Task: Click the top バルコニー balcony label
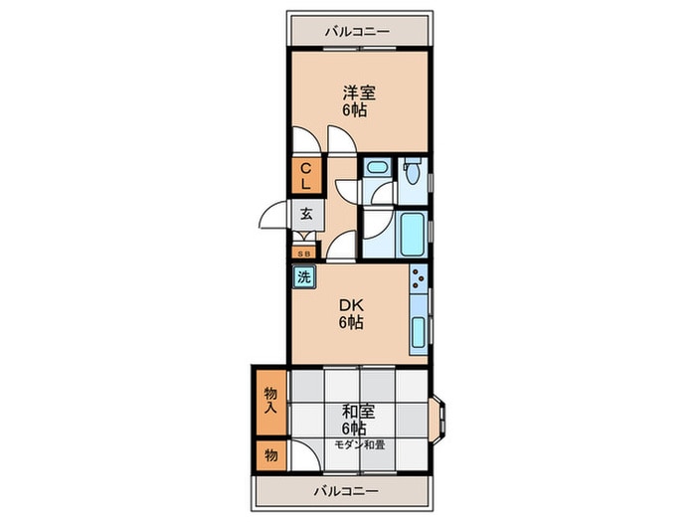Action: [357, 32]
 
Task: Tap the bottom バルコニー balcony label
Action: [347, 491]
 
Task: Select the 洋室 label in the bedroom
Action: [359, 92]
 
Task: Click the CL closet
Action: [306, 176]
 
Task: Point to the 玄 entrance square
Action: [306, 214]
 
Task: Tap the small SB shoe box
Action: [304, 254]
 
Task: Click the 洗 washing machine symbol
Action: [304, 277]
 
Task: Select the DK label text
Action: [352, 305]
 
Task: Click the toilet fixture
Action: [413, 171]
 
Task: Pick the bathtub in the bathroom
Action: [413, 234]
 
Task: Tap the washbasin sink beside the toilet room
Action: [378, 168]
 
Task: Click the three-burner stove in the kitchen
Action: [419, 277]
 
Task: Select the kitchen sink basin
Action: [419, 332]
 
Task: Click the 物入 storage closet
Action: [271, 402]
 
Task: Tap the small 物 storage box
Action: [271, 455]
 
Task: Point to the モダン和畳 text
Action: [360, 444]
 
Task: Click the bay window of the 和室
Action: [438, 414]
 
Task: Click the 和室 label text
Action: [359, 412]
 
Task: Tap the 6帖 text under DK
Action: [351, 322]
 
